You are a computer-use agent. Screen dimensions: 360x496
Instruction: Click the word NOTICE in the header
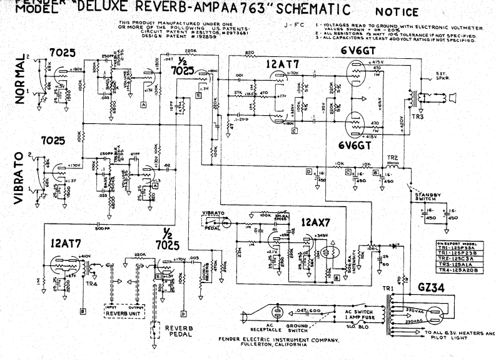[398, 12]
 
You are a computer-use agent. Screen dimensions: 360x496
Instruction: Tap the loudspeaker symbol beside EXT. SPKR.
[452, 97]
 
